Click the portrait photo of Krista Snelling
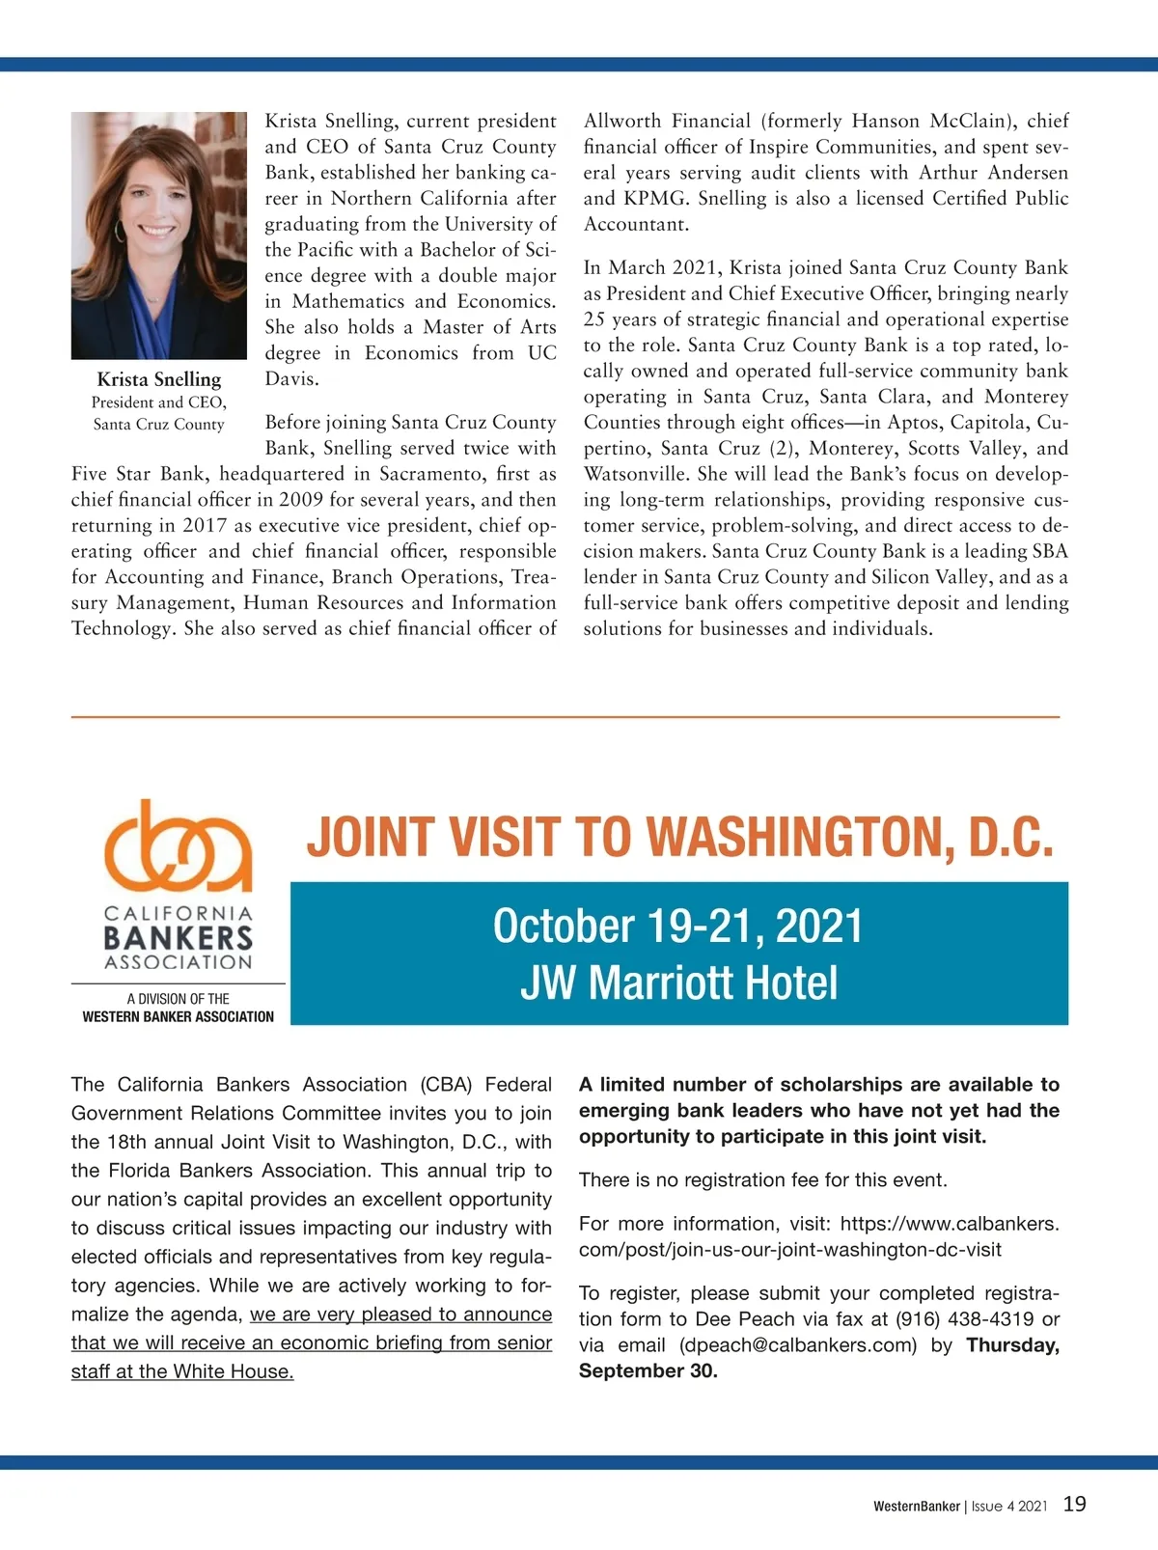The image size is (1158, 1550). coord(159,235)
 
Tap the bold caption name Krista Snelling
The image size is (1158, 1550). coord(159,379)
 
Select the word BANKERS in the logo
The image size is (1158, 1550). coord(179,937)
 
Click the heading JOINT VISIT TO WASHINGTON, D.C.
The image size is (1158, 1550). coord(679,837)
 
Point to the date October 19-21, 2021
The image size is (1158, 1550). coord(677,926)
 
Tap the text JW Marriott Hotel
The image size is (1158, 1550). coord(678,983)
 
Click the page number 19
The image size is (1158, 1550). coord(1074,1504)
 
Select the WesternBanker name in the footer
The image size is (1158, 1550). coord(917,1506)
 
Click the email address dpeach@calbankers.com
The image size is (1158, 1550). coord(798,1344)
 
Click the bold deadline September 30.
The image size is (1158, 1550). coord(648,1370)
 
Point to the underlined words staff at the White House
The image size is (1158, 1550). coord(182,1371)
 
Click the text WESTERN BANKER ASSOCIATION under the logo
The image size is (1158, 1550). coord(179,1016)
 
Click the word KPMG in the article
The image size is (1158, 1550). coord(655,198)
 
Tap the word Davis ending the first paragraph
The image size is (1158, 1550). coord(291,378)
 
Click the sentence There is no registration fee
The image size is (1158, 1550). coord(762,1179)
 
